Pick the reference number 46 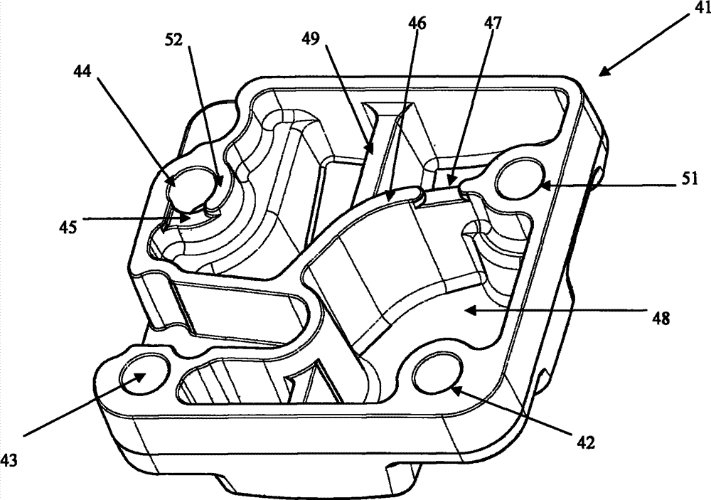(x=417, y=23)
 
